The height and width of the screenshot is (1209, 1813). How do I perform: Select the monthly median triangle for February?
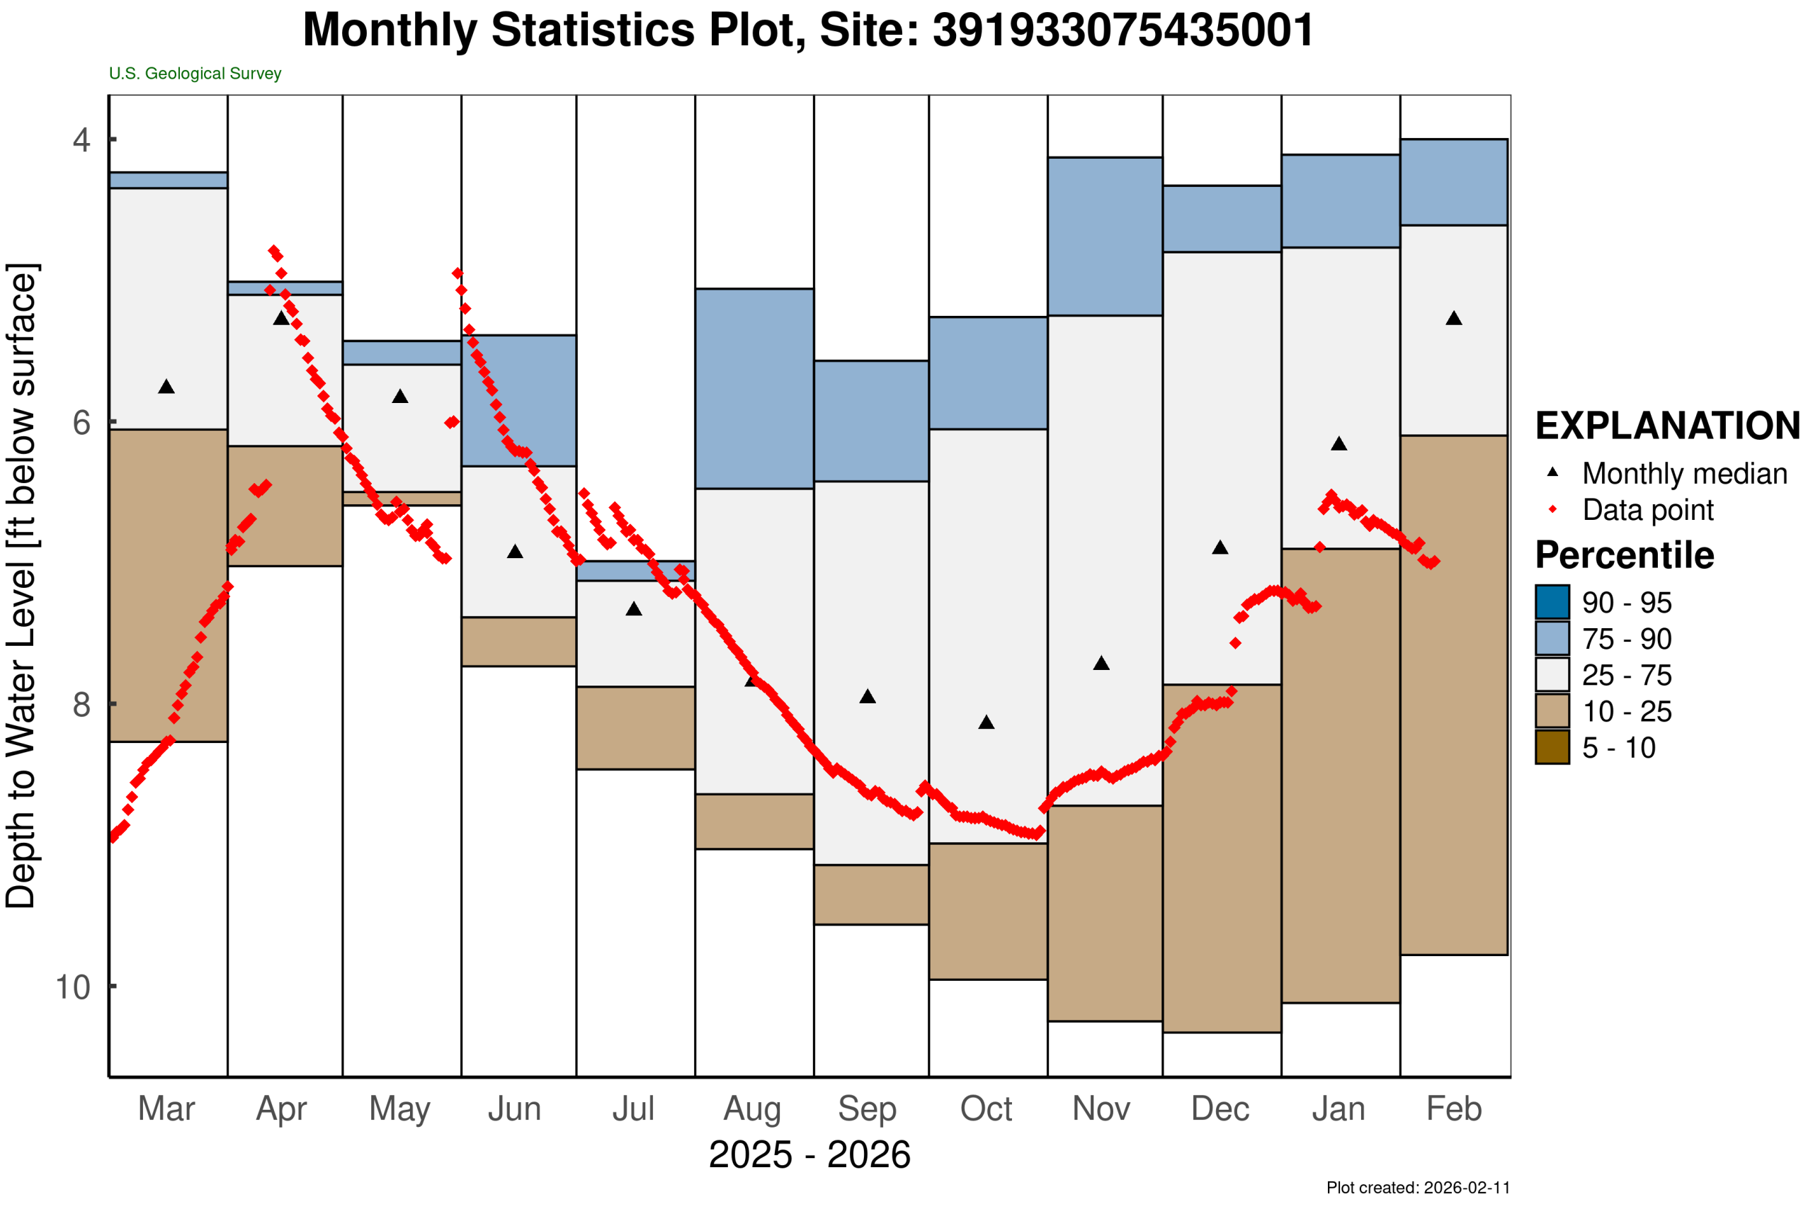(1454, 319)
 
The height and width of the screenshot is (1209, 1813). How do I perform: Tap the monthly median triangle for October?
(987, 722)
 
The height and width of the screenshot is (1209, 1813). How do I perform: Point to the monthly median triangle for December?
(1220, 547)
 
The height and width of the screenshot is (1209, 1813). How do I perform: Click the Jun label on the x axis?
(515, 1108)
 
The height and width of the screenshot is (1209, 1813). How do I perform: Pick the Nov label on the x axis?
(1101, 1108)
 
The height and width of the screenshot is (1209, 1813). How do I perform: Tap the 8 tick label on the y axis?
(81, 704)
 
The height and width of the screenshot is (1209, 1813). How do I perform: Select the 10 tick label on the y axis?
(73, 987)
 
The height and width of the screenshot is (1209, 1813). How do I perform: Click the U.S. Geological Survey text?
(195, 73)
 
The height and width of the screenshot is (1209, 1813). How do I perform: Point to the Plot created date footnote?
(1418, 1188)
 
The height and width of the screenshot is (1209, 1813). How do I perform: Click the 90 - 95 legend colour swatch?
(1552, 602)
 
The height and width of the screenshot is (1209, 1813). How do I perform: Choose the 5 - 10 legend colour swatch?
(1552, 747)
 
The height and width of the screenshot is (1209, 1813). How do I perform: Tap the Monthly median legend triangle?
(1552, 472)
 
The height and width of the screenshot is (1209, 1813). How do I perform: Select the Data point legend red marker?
(1552, 510)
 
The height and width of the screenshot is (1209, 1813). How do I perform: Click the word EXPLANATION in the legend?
(1667, 426)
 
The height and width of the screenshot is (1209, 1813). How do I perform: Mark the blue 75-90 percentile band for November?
(1105, 237)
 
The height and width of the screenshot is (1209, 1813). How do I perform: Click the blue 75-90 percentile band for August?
(754, 389)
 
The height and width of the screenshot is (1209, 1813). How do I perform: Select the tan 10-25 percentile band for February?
(1454, 695)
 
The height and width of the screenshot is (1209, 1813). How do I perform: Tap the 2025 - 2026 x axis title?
(809, 1155)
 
